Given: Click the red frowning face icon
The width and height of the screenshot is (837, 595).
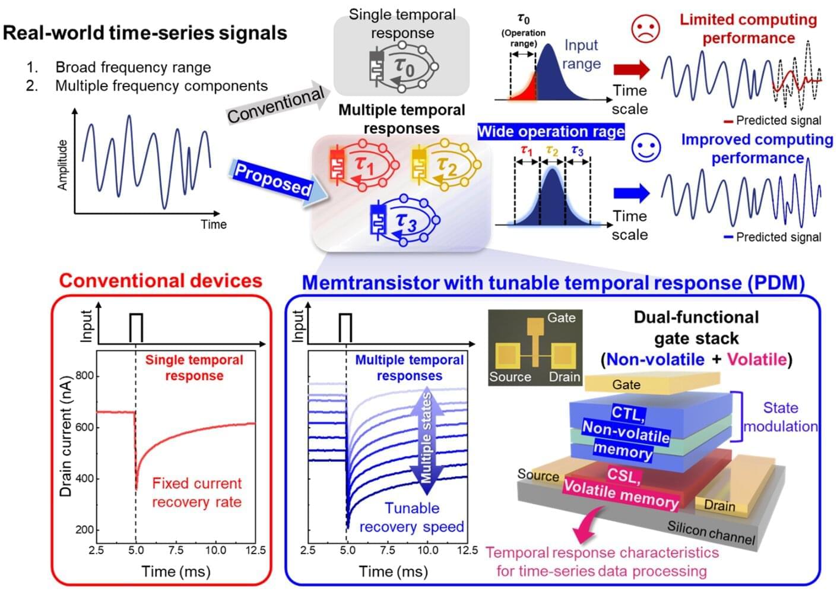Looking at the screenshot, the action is [645, 29].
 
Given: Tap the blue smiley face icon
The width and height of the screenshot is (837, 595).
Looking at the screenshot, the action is [646, 148].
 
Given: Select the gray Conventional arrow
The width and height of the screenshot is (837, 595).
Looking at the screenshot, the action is [278, 103].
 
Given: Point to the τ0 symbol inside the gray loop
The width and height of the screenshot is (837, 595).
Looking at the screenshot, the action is [404, 67].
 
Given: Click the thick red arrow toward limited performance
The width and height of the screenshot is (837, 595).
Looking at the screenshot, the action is [632, 69].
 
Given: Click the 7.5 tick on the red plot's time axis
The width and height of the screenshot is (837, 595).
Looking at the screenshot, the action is [176, 550].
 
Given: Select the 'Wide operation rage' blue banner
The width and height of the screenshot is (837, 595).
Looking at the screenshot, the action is [551, 132].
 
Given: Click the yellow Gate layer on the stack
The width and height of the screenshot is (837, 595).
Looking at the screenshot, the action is [652, 383].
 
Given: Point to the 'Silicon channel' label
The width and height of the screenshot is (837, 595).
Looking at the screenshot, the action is [711, 533].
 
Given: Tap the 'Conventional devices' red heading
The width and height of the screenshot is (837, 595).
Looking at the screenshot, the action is [161, 281].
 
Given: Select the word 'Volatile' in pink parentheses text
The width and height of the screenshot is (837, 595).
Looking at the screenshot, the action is [757, 359].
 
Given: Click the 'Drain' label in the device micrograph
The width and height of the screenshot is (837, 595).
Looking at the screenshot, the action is [564, 376].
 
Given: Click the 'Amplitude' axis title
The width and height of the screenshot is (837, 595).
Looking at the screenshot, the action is [62, 165].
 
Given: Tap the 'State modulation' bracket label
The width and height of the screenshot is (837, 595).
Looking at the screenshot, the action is [780, 417].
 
